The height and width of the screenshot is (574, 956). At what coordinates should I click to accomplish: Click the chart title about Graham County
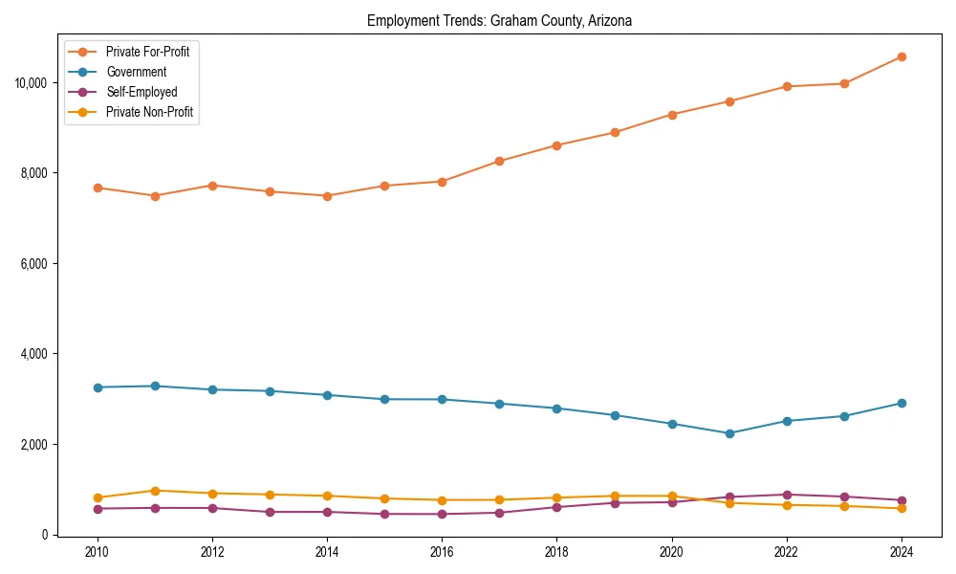coord(499,20)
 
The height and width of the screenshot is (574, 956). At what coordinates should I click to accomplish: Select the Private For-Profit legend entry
coord(147,52)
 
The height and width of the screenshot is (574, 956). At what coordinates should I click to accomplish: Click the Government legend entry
coord(136,72)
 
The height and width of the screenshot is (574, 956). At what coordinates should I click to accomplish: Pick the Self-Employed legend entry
coord(141,92)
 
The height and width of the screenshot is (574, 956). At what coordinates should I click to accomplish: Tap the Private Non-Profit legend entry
coord(150,112)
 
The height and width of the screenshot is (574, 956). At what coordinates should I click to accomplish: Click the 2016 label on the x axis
coord(442,552)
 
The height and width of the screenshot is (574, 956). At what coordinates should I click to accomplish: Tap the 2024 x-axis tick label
coord(902,552)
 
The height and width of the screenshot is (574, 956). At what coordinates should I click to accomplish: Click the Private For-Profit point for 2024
coord(902,56)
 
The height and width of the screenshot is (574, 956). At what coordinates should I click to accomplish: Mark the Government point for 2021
coord(729,433)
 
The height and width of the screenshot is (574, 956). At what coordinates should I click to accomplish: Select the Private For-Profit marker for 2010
coord(97,188)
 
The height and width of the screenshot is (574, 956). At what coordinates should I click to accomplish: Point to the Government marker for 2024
coord(902,403)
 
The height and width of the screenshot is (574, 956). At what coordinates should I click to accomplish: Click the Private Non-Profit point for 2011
coord(154,491)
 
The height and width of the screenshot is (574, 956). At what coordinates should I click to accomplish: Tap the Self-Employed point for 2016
coord(442,514)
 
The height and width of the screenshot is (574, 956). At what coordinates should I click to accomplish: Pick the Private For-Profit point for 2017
coord(499,161)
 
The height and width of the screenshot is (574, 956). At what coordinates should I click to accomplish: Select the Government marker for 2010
coord(97,387)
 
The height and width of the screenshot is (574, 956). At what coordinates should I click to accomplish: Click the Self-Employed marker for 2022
coord(787,495)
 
